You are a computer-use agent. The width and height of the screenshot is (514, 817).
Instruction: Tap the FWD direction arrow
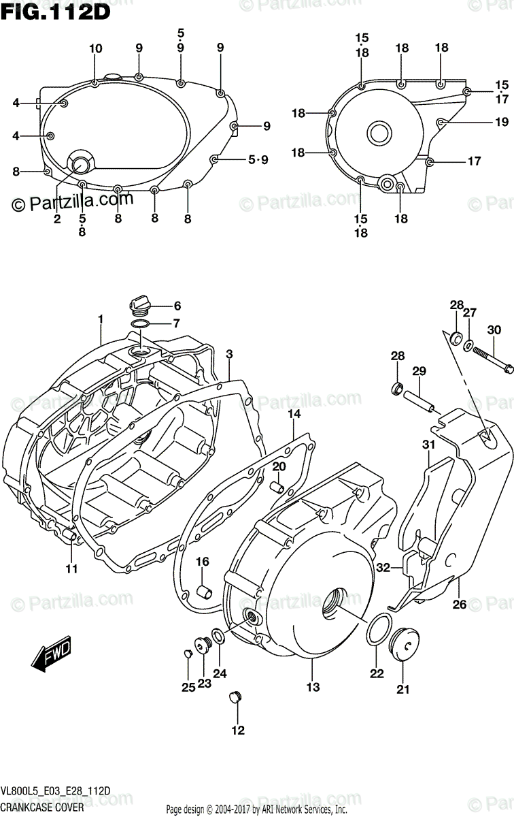(52, 656)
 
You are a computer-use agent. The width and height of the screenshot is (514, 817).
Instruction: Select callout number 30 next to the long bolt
(494, 330)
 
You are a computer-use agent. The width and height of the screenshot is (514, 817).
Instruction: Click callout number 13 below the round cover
(312, 687)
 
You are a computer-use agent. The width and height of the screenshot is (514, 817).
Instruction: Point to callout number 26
(460, 603)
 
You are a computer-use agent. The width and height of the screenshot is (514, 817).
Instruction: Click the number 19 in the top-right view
(502, 123)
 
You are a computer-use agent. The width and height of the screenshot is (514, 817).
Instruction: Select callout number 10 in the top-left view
(95, 48)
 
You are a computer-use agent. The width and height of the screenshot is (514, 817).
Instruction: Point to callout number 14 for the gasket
(293, 414)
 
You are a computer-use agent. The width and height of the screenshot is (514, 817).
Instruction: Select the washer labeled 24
(219, 637)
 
